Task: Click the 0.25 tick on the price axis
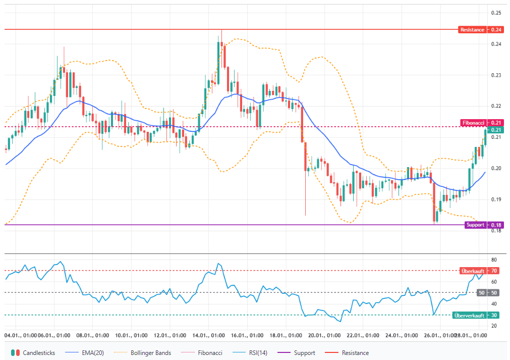click(496, 13)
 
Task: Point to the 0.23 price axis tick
click(496, 75)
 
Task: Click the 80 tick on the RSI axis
click(494, 260)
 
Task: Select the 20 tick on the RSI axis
click(494, 326)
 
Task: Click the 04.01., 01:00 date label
click(21, 335)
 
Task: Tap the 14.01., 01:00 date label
click(208, 335)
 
